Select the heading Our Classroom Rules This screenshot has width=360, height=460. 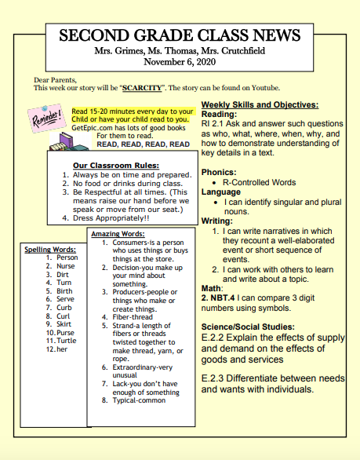[115, 165]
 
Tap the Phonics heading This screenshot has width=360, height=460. [218, 171]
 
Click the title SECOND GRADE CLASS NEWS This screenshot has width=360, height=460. [180, 35]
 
